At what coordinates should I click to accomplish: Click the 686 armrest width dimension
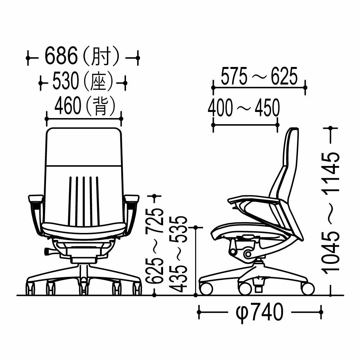(61, 56)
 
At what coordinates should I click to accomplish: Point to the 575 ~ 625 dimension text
(259, 76)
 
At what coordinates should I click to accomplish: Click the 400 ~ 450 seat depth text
(244, 107)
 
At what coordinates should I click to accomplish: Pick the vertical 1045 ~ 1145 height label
(332, 213)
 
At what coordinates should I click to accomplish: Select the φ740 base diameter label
(260, 312)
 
